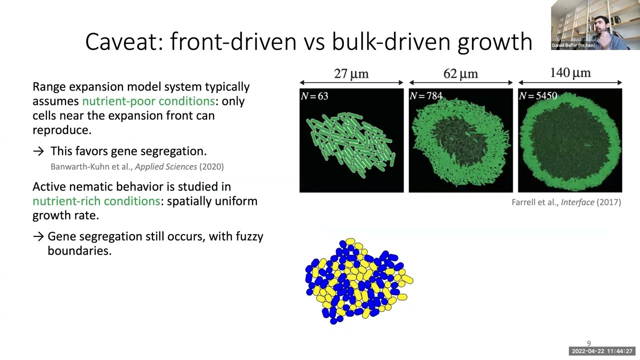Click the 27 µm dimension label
click(x=351, y=74)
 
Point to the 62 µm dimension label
click(x=460, y=74)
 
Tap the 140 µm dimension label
click(x=570, y=73)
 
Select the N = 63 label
click(x=314, y=96)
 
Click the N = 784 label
click(x=425, y=96)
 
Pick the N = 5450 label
click(x=538, y=96)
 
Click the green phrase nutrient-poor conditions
click(x=148, y=101)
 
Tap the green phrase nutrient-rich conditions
click(x=96, y=201)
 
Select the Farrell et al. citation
click(x=566, y=202)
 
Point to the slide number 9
click(x=588, y=343)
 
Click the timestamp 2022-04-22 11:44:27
click(x=602, y=351)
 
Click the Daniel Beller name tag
click(x=573, y=45)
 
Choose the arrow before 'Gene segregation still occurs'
click(x=38, y=236)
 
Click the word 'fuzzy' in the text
click(x=249, y=236)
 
